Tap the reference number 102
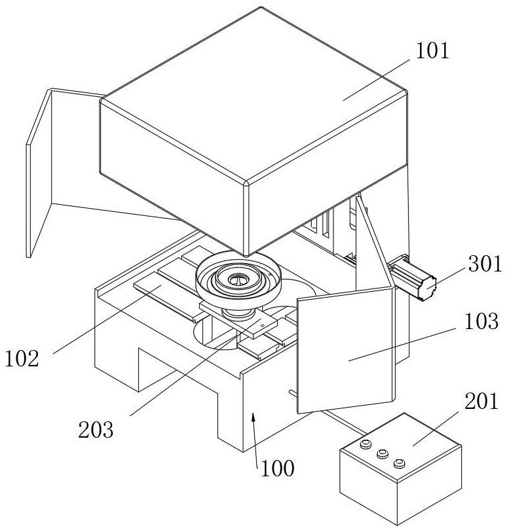(23, 358)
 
